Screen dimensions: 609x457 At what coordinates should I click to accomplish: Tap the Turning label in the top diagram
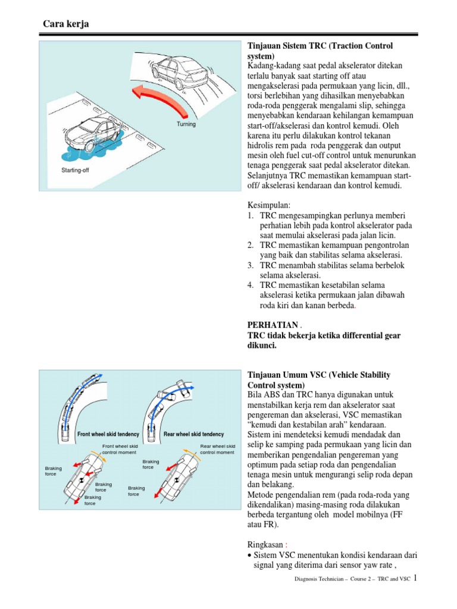(x=186, y=124)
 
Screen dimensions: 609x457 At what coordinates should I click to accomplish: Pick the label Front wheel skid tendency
(x=108, y=435)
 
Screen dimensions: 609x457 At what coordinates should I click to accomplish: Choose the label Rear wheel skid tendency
(x=193, y=435)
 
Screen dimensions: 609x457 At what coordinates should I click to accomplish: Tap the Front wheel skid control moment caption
(x=120, y=449)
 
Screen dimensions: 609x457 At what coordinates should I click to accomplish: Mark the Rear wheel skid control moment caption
(x=217, y=449)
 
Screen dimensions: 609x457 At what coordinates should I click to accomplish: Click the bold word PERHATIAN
(x=272, y=325)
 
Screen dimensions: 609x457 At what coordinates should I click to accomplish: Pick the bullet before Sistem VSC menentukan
(x=249, y=555)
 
